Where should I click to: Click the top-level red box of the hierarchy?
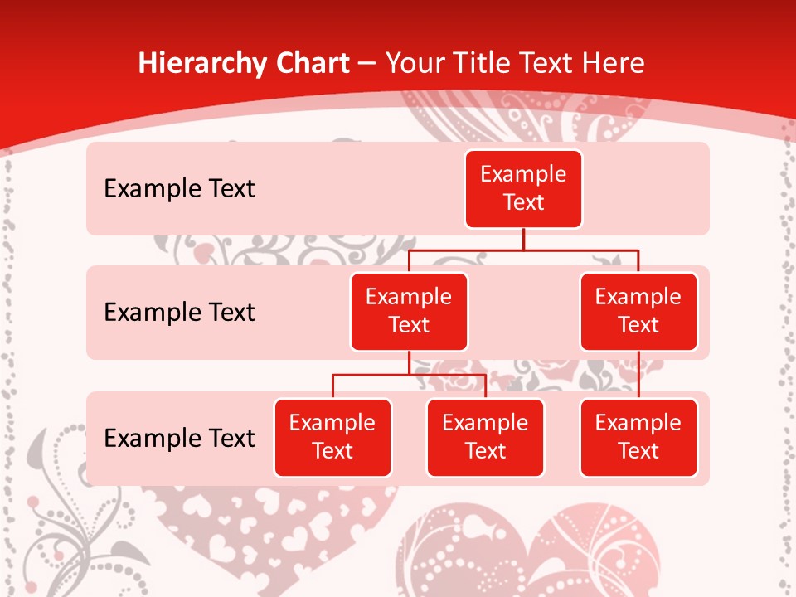(x=523, y=188)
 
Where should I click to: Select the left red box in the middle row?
(x=409, y=311)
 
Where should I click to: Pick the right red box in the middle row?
(x=638, y=311)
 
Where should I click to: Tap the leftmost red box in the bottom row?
(x=332, y=437)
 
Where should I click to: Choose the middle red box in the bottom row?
(x=485, y=437)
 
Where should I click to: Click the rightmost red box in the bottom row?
(x=638, y=437)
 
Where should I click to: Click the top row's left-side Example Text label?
(x=179, y=189)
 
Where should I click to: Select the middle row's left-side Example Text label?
(x=179, y=313)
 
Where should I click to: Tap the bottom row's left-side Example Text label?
(x=179, y=439)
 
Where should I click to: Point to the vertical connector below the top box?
(x=523, y=239)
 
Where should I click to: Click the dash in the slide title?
(x=367, y=64)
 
